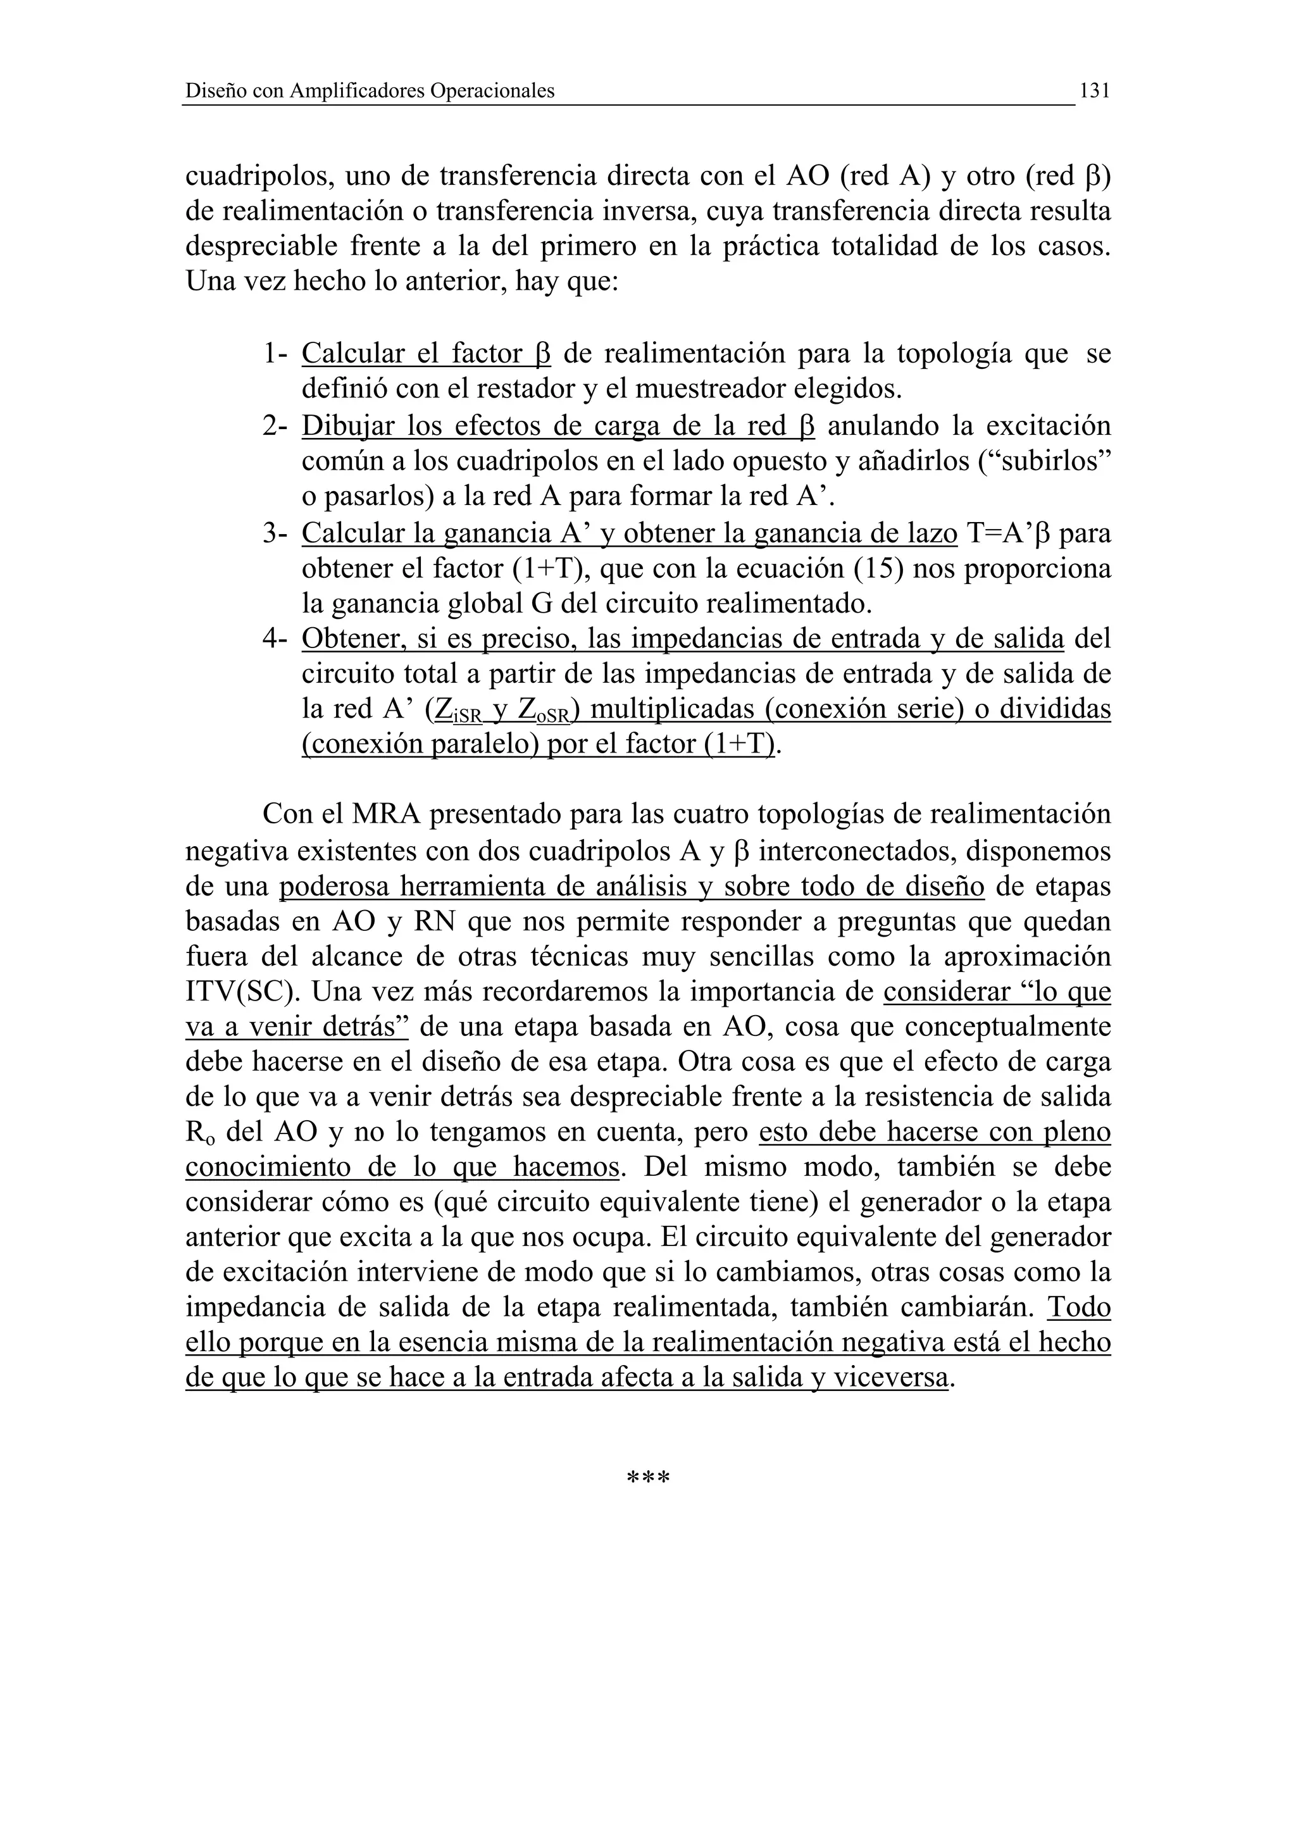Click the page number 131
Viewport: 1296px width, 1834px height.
[x=1094, y=91]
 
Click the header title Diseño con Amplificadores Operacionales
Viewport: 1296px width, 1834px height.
[x=370, y=91]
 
